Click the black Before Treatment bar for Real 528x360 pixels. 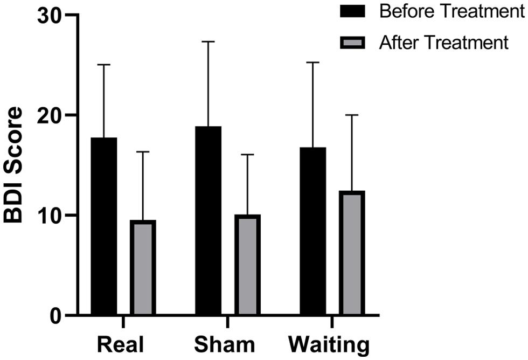(x=104, y=226)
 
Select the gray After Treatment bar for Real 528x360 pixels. (x=143, y=267)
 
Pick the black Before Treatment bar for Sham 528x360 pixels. (x=209, y=221)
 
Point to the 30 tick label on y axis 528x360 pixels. (x=49, y=16)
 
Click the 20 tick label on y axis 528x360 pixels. (x=49, y=115)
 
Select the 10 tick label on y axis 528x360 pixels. (x=49, y=215)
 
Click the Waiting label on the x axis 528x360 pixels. (x=329, y=344)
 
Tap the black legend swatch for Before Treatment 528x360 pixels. (x=352, y=11)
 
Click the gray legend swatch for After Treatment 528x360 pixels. (x=352, y=41)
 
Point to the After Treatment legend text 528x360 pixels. (x=443, y=42)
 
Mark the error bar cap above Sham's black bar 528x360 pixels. (x=209, y=41)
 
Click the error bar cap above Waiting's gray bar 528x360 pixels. (x=352, y=115)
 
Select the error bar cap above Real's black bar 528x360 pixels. (x=104, y=65)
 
